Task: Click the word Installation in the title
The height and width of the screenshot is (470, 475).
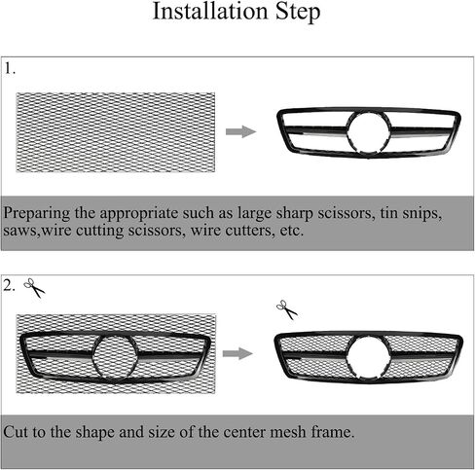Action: pyautogui.click(x=210, y=11)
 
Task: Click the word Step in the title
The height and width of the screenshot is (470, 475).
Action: pyautogui.click(x=298, y=13)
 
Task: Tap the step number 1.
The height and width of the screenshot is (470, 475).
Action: pyautogui.click(x=10, y=68)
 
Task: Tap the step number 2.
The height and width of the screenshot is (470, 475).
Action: pyautogui.click(x=9, y=286)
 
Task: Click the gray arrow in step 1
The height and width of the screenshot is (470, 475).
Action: pyautogui.click(x=240, y=131)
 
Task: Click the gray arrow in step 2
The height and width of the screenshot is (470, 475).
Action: pyautogui.click(x=237, y=353)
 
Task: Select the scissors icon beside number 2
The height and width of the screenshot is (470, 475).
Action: pyautogui.click(x=34, y=288)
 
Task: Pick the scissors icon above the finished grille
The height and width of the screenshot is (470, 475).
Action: pyautogui.click(x=287, y=309)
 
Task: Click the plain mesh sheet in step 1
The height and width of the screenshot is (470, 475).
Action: pyautogui.click(x=116, y=132)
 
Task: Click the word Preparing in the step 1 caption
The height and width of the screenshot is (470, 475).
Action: pyautogui.click(x=37, y=214)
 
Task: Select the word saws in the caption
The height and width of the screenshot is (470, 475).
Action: pyautogui.click(x=21, y=231)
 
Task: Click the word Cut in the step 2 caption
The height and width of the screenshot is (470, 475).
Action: pyautogui.click(x=16, y=432)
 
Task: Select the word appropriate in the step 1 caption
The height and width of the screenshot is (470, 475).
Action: pyautogui.click(x=139, y=214)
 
